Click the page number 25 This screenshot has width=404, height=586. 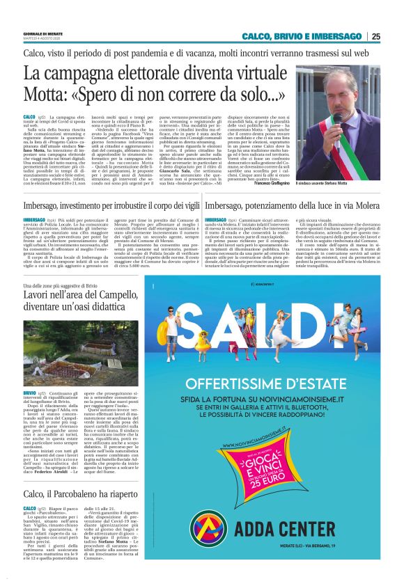click(375, 36)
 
